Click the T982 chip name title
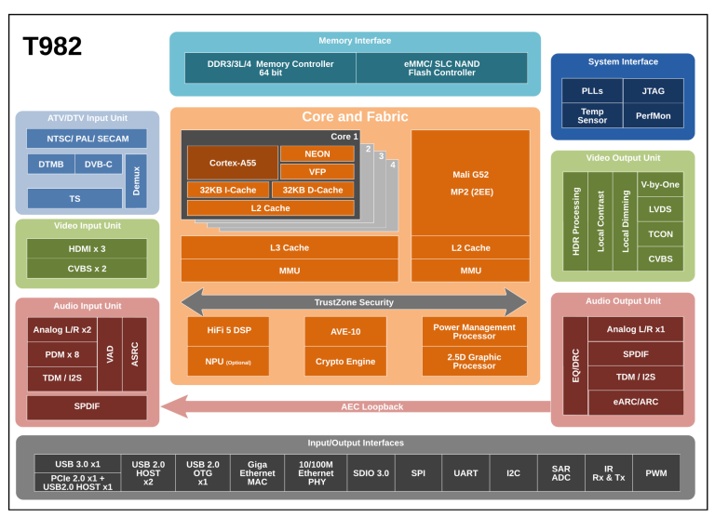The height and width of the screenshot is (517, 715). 52,47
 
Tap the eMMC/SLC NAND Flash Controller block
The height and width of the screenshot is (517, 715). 441,68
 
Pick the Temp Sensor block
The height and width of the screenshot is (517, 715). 592,115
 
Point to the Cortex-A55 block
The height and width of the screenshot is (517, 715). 232,163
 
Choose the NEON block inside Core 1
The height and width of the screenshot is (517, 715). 317,154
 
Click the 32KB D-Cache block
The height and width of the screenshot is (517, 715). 313,190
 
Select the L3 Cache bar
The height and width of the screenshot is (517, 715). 289,248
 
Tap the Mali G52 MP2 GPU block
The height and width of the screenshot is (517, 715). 470,181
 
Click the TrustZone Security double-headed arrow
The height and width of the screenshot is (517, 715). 354,302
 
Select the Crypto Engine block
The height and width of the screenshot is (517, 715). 345,362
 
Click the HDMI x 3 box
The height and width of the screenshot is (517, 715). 87,248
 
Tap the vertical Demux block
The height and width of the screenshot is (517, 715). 136,180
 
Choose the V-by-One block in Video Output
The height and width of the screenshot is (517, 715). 659,184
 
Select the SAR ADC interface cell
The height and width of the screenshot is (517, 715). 560,473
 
